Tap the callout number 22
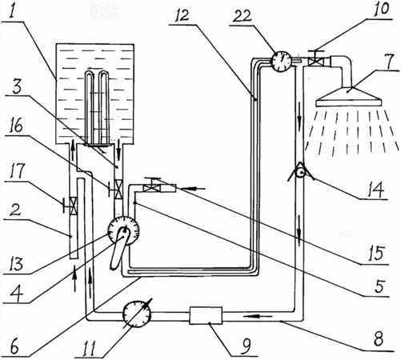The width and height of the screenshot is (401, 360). tap(242, 16)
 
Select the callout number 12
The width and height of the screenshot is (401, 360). tap(182, 15)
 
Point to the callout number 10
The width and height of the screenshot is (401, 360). tap(382, 9)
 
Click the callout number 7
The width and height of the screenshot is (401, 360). tap(390, 62)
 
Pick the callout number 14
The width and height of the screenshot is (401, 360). tap(376, 189)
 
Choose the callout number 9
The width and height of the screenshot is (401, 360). tap(246, 346)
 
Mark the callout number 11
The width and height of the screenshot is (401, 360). tap(89, 348)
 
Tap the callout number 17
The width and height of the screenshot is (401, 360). tap(17, 171)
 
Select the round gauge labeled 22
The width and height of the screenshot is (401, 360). tap(281, 62)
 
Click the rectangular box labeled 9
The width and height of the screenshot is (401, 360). tap(206, 315)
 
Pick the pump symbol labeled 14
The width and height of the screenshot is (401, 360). tap(302, 173)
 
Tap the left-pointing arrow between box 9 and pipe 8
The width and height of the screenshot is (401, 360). tap(257, 317)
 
